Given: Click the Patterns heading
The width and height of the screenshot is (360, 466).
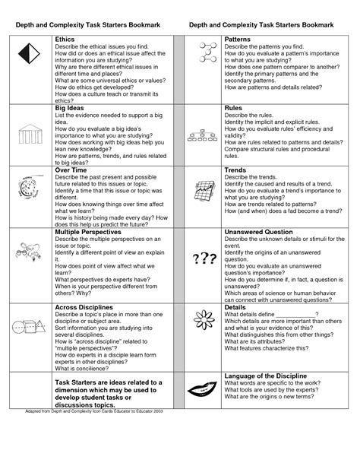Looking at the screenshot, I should click(x=238, y=38).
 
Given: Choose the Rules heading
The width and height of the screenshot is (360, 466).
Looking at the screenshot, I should click(x=233, y=109).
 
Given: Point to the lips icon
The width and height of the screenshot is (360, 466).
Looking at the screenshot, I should click(x=201, y=395).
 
